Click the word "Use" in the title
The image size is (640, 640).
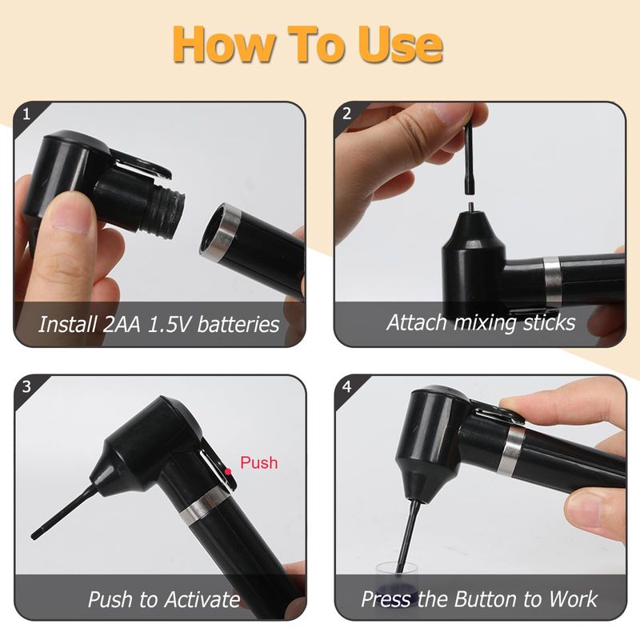click(401, 44)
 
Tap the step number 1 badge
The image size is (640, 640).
click(26, 114)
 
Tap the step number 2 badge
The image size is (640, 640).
click(347, 114)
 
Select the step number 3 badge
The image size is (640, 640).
click(26, 386)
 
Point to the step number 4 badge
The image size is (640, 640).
click(347, 386)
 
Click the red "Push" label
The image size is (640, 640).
click(258, 462)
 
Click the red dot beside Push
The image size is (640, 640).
click(228, 471)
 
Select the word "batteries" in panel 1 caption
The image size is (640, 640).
click(238, 325)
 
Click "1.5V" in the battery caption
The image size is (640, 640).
click(168, 325)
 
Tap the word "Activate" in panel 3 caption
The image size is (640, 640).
click(202, 599)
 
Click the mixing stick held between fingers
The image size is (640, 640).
click(470, 160)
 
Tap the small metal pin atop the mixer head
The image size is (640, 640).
click(471, 207)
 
